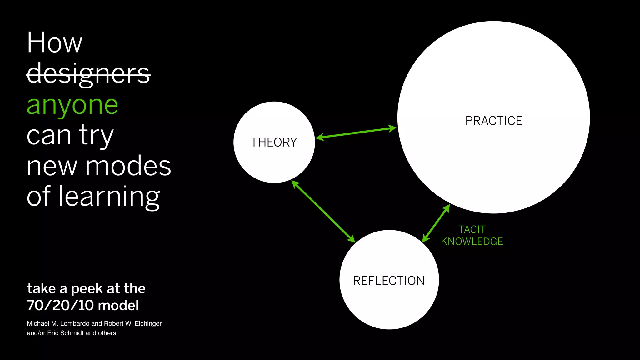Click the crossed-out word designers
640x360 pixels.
[x=88, y=74]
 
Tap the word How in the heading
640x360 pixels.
[x=55, y=43]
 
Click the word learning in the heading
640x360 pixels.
[x=109, y=197]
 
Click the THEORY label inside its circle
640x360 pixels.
[x=274, y=142]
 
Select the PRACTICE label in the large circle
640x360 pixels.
[x=494, y=121]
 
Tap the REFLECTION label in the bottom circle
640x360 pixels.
[x=389, y=281]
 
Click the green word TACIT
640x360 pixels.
[x=472, y=230]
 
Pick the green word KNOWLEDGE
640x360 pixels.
[x=472, y=242]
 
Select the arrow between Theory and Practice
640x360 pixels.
[x=356, y=133]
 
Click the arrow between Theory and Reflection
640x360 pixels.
[x=323, y=212]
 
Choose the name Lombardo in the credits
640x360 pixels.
[x=75, y=324]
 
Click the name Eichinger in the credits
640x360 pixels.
[x=148, y=324]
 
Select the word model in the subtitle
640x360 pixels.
[x=118, y=305]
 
